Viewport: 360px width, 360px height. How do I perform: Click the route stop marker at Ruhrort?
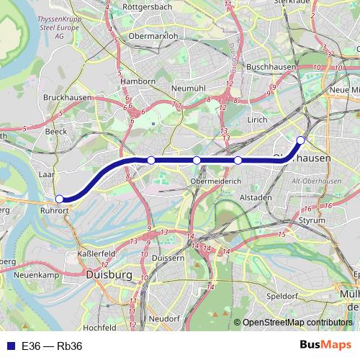click(x=60, y=199)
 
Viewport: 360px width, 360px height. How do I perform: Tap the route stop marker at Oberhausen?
click(x=301, y=140)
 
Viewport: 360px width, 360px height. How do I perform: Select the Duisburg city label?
click(x=108, y=275)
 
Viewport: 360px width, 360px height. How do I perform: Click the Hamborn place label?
click(x=138, y=82)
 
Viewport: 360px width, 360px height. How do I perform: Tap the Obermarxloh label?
click(x=153, y=35)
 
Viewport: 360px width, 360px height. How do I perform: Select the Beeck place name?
click(x=55, y=132)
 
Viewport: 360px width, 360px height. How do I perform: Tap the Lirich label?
click(x=257, y=120)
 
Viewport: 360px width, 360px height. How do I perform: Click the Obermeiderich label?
click(x=216, y=181)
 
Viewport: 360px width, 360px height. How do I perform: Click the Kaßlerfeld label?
click(x=96, y=254)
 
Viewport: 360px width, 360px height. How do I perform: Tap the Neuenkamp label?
click(x=36, y=275)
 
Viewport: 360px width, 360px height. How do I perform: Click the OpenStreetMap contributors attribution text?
click(x=297, y=323)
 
